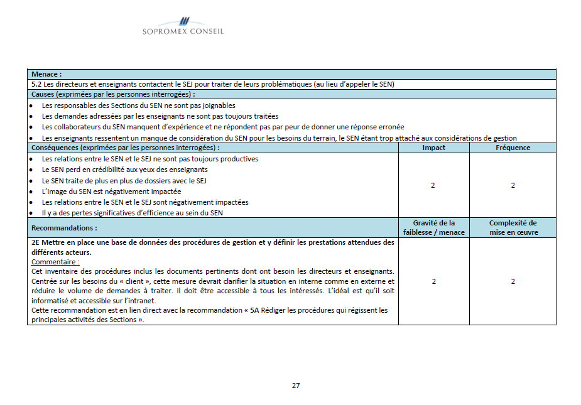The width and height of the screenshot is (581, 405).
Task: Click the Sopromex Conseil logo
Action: tap(183, 26)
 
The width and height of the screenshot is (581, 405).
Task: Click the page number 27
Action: tap(296, 385)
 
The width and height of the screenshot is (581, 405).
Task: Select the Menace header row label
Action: tap(46, 74)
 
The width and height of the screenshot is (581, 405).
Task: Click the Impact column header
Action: tap(433, 148)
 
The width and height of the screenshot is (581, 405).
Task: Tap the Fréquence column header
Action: tap(513, 148)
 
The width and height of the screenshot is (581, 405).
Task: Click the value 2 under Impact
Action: tap(433, 185)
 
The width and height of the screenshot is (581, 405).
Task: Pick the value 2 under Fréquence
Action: tap(513, 185)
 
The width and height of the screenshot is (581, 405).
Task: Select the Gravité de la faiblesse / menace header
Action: tap(433, 227)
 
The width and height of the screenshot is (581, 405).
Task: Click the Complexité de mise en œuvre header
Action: tap(513, 227)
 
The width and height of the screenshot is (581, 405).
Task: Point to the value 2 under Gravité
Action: tap(433, 281)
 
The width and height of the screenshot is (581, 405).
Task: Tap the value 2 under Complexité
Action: tap(513, 281)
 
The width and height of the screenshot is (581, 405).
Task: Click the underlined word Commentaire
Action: tap(55, 262)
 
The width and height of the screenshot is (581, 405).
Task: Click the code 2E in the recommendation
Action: tap(36, 242)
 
